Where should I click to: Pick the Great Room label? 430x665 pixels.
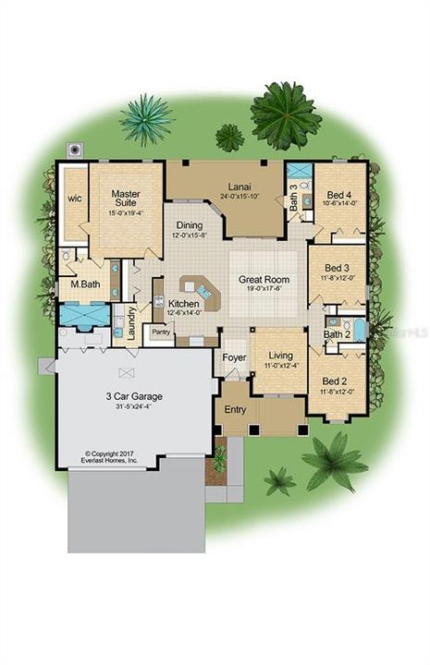point(264,279)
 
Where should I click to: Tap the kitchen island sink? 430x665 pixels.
point(204,294)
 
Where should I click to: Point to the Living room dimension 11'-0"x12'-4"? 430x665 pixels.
point(278,366)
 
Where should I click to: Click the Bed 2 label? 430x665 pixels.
point(334,381)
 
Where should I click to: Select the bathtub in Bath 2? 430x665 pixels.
point(357,329)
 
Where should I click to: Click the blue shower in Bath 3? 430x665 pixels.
point(298,172)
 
